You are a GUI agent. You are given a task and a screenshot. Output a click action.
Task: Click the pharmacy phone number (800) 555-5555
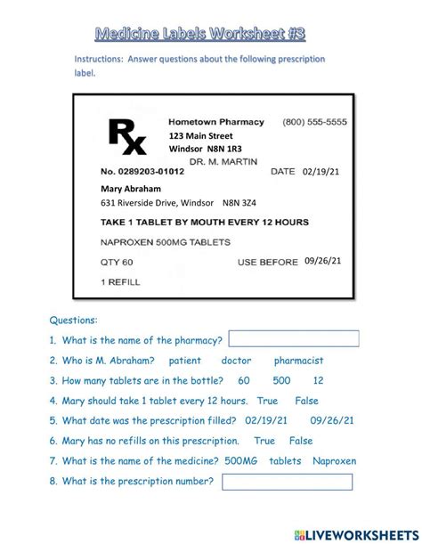click(x=314, y=121)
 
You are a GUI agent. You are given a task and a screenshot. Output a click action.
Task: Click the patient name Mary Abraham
click(x=133, y=189)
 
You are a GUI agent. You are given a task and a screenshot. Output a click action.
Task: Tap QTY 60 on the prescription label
click(x=117, y=263)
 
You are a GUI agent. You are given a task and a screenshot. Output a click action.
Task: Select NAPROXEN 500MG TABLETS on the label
click(x=166, y=241)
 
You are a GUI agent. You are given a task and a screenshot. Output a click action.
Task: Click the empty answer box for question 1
click(x=294, y=339)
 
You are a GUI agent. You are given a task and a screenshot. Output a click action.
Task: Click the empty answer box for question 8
click(x=287, y=482)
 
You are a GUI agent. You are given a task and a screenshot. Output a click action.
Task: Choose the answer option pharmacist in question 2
click(x=298, y=361)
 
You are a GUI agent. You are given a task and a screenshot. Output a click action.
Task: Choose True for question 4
click(x=267, y=401)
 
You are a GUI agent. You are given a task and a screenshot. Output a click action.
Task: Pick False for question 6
click(x=301, y=441)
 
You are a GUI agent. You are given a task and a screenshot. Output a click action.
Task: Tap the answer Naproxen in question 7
click(x=334, y=460)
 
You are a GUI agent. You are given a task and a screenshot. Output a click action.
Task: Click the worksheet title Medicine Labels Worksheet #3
click(x=200, y=33)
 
